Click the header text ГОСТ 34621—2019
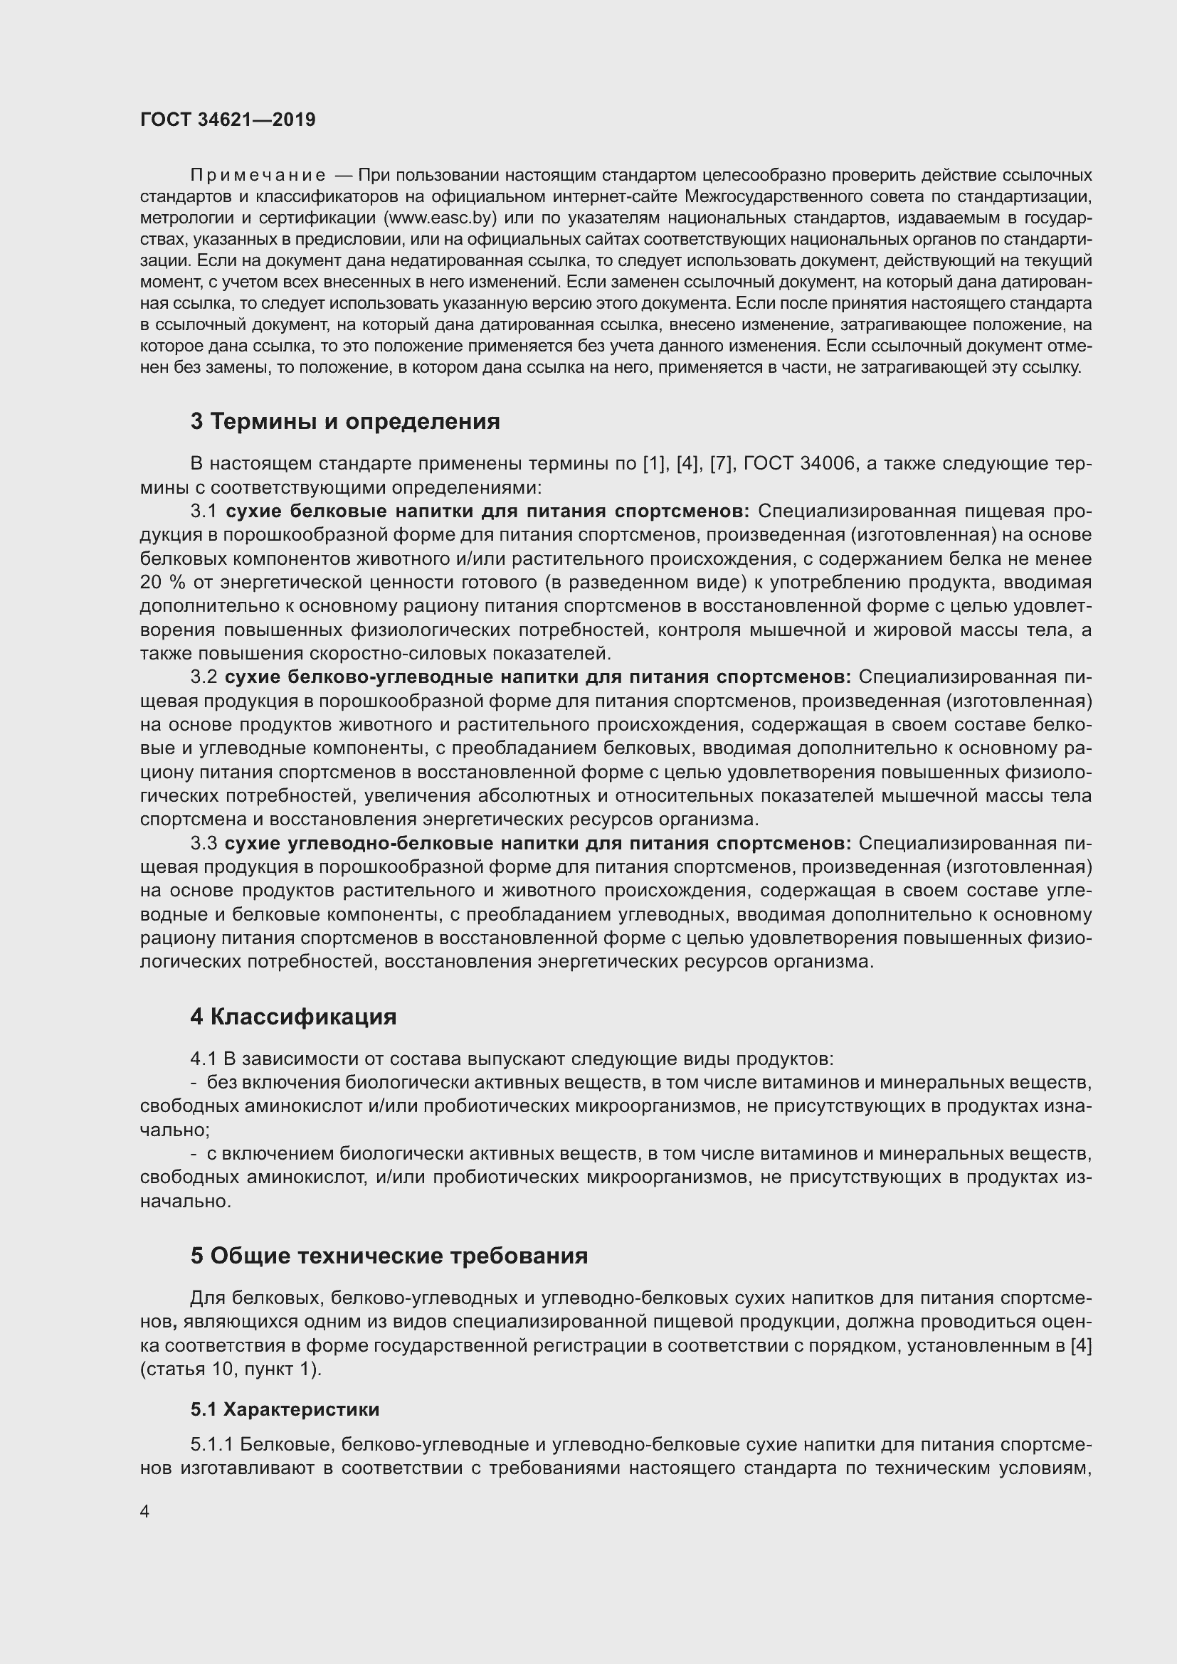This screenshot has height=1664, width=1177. pyautogui.click(x=228, y=120)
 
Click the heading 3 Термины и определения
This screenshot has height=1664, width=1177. pyautogui.click(x=345, y=421)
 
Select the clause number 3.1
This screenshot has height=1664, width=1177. pyautogui.click(x=204, y=511)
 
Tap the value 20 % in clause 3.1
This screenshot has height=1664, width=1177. pyautogui.click(x=161, y=582)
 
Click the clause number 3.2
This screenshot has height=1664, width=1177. pyautogui.click(x=204, y=677)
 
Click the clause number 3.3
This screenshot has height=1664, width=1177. pyautogui.click(x=204, y=843)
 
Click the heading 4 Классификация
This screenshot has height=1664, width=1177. pyautogui.click(x=293, y=1016)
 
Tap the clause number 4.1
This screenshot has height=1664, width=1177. pyautogui.click(x=204, y=1059)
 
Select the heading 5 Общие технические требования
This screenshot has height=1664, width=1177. pyautogui.click(x=389, y=1255)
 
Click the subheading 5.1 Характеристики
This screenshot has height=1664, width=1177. pyautogui.click(x=285, y=1409)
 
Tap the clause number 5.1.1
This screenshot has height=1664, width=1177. pyautogui.click(x=211, y=1444)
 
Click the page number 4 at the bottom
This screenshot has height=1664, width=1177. pyautogui.click(x=145, y=1512)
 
